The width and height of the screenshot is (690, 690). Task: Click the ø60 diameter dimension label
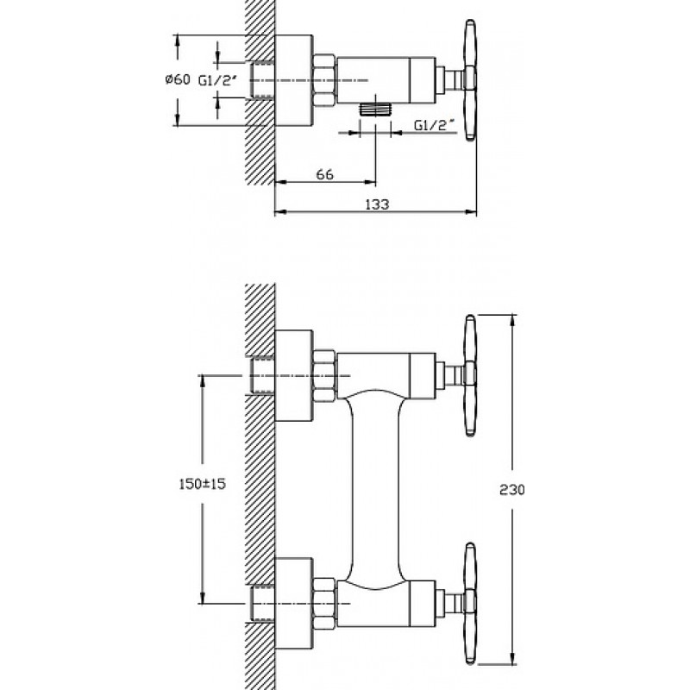178,79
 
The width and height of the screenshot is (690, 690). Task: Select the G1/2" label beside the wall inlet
218,80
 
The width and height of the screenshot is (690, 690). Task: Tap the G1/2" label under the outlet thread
434,125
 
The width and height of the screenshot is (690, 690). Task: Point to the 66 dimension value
325,174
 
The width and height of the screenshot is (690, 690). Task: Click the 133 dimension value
377,204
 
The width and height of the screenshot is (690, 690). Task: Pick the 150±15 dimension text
203,484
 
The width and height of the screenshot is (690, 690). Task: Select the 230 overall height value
512,489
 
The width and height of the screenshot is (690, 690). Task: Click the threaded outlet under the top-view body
375,110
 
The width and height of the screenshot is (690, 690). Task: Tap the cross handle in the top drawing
470,80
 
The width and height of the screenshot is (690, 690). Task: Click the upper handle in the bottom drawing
470,375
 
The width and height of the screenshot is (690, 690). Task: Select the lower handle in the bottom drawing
470,603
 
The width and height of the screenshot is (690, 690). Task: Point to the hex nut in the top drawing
324,80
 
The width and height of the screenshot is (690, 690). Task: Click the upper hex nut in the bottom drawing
324,375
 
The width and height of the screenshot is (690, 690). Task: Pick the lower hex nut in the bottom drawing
324,603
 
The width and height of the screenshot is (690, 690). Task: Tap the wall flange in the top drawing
293,80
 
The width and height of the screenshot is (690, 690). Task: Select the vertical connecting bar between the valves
375,489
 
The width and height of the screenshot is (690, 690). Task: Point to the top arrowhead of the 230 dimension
512,321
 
